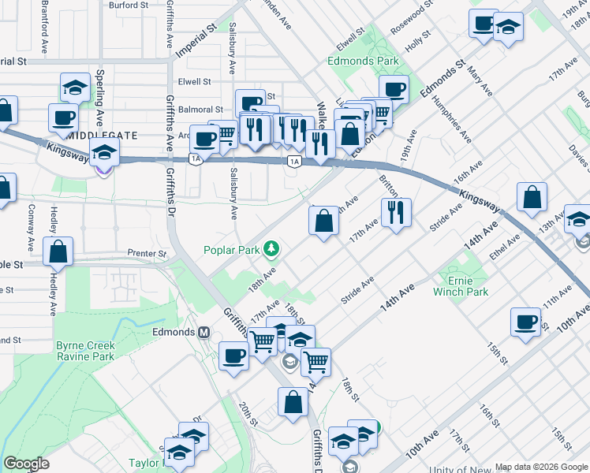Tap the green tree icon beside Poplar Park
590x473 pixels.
[272, 250]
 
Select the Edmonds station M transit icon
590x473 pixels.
[204, 333]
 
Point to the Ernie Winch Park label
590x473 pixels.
[461, 285]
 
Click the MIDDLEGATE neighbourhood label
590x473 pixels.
[103, 136]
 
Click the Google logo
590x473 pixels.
[26, 464]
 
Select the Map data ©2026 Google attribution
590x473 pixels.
[541, 467]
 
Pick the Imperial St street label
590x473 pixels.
[196, 37]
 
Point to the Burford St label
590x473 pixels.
[129, 5]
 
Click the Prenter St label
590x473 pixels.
[147, 254]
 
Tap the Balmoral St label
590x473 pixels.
[201, 110]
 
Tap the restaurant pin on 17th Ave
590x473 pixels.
[396, 211]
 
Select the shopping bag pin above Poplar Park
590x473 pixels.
[323, 222]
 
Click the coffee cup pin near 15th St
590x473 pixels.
[525, 322]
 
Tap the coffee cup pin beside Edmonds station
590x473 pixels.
[233, 356]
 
